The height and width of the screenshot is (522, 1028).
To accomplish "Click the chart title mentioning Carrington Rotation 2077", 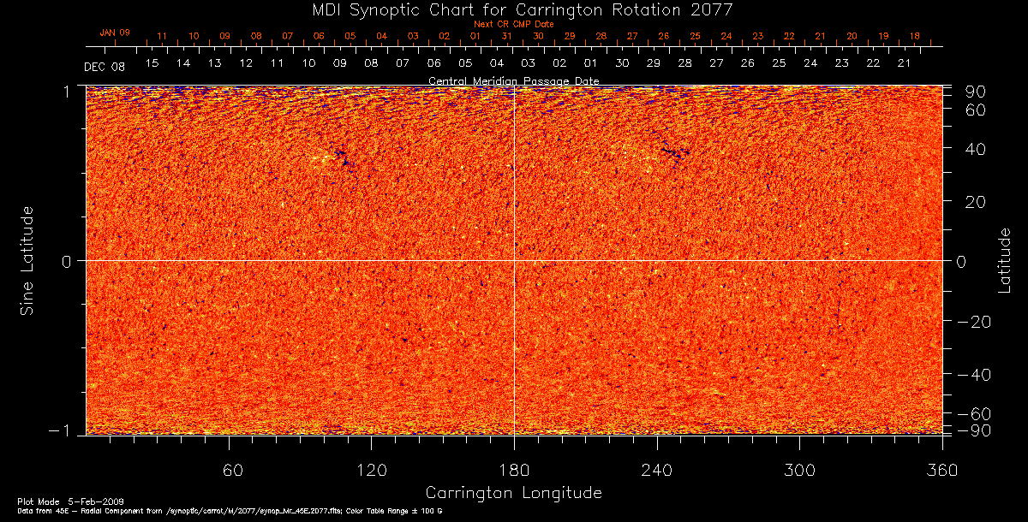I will tap(514, 9).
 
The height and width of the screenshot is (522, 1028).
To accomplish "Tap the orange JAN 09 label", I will tap(115, 33).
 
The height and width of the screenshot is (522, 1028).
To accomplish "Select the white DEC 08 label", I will tap(105, 67).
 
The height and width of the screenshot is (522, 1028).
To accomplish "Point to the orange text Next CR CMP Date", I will tap(514, 24).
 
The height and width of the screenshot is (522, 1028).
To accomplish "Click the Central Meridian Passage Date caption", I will tap(514, 80).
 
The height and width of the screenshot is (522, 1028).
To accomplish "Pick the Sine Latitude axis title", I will tap(27, 260).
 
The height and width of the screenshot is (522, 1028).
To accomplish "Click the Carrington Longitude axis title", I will tap(514, 493).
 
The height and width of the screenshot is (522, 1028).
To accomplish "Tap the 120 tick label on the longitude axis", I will tap(372, 470).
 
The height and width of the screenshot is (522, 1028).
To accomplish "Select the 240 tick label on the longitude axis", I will tap(657, 470).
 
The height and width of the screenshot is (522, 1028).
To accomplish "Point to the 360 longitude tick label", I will tap(942, 470).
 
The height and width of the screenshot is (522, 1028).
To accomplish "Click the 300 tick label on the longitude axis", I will tap(799, 470).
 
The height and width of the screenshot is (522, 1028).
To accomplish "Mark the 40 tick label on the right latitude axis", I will tap(976, 149).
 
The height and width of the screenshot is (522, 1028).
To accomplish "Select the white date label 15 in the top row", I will tap(152, 63).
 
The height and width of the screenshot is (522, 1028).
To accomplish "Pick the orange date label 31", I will tap(506, 36).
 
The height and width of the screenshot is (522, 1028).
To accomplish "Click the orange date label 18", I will tap(915, 36).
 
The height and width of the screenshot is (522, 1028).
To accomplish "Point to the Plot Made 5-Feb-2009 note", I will tap(53, 501).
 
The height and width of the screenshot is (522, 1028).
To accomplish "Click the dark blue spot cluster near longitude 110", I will tap(344, 157).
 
